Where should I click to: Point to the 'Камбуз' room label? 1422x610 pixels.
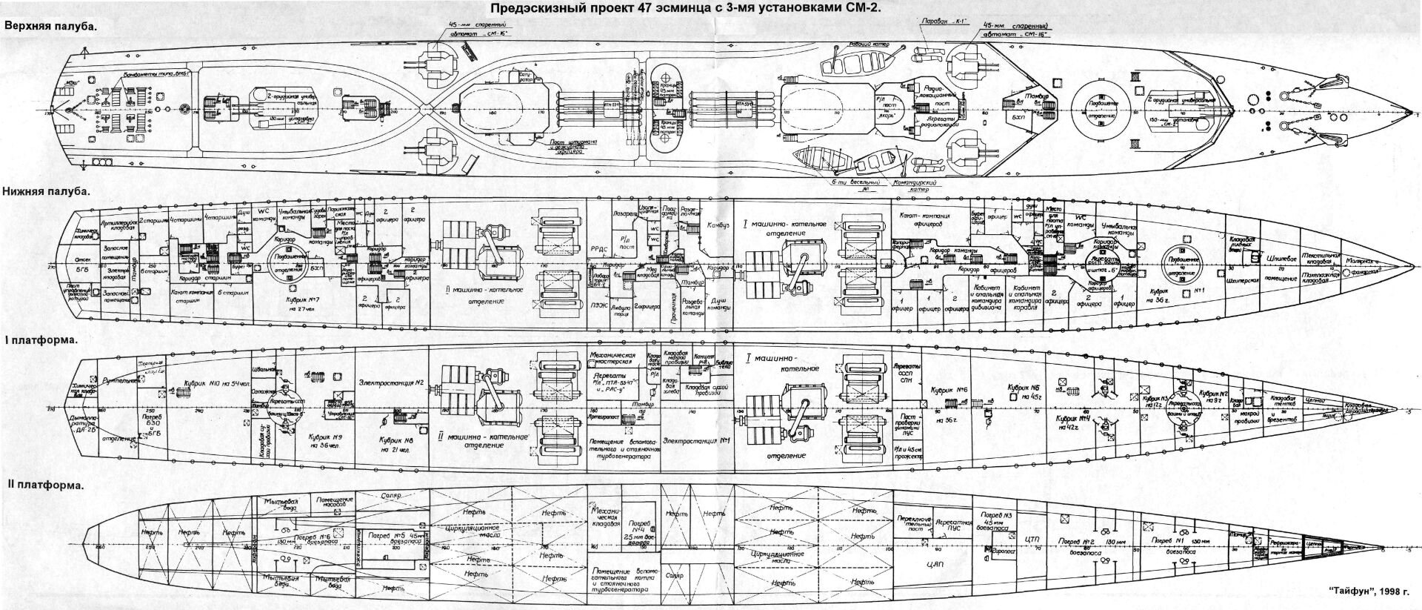[718, 224]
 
